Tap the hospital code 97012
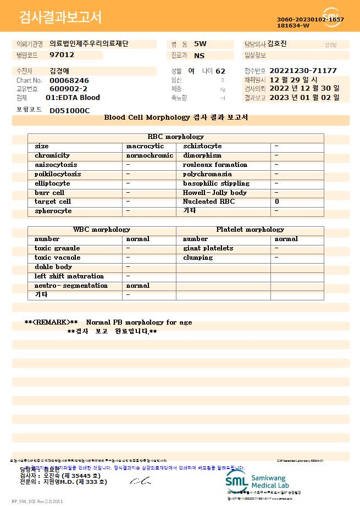point(62,55)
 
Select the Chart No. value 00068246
point(69,80)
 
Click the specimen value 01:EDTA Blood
point(73,98)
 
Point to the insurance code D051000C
point(69,110)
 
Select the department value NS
point(199,55)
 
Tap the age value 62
point(220,71)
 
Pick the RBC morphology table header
point(176,137)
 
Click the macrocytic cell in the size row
point(145,146)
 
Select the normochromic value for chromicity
point(149,155)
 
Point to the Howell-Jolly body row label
point(215,193)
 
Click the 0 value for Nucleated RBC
point(277,202)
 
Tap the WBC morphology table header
point(102,230)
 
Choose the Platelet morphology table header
point(250,230)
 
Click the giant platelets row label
point(208,248)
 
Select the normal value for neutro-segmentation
point(138,286)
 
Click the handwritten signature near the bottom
point(140,481)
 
